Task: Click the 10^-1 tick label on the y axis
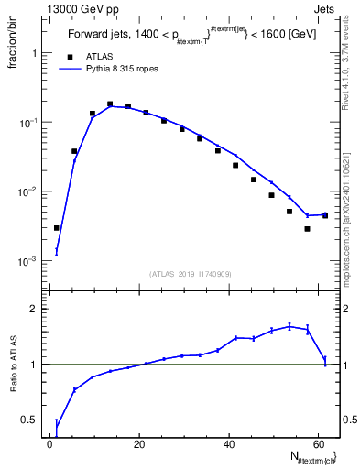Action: coord(29,123)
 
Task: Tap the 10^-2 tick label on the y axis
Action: coord(29,191)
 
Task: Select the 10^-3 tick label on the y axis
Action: coord(29,261)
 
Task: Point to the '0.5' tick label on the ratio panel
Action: coord(29,420)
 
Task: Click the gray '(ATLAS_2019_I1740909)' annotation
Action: coord(190,274)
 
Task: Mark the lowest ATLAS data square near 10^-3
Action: coord(57,228)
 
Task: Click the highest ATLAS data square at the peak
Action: coord(110,104)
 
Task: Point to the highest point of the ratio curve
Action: coord(289,325)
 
